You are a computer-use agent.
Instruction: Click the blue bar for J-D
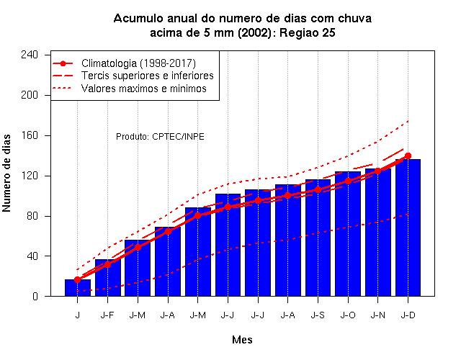pos(408,228)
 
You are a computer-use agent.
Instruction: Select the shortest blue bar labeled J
pos(78,288)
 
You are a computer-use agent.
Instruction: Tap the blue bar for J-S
pos(318,238)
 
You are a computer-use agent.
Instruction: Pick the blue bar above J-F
pos(107,278)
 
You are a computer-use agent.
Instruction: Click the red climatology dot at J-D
pos(408,156)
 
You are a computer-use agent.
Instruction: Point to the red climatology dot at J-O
pos(348,181)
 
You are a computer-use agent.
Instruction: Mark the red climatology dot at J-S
pos(318,190)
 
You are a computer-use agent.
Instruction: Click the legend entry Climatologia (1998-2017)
pos(138,63)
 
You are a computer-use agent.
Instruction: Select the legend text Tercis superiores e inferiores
pos(147,76)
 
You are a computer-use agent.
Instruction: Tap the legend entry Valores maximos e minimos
pos(144,88)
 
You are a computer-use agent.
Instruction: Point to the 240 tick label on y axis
pos(30,55)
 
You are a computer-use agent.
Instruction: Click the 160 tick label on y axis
pos(30,135)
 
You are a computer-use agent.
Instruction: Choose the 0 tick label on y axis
pos(35,296)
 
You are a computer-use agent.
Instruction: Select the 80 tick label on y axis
pos(32,216)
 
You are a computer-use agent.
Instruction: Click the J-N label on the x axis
pos(377,315)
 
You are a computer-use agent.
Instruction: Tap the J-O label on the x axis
pos(348,315)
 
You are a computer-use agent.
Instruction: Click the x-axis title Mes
pos(242,340)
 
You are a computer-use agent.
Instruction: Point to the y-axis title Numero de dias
pos(6,173)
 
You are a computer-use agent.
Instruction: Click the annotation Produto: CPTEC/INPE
pos(160,137)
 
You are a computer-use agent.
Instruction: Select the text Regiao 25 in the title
pos(308,32)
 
